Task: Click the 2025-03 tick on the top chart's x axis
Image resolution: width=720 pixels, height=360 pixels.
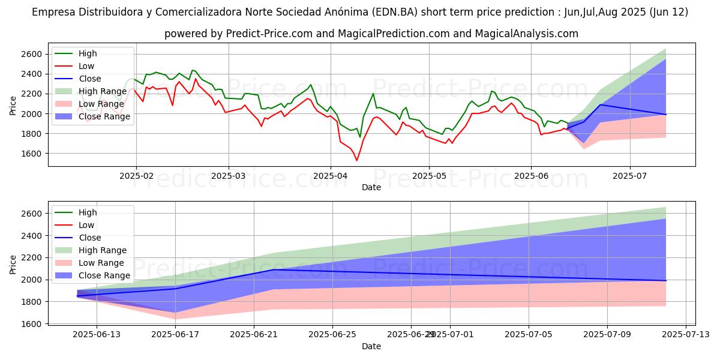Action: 228,176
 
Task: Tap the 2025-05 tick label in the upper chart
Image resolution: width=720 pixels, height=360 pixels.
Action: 428,176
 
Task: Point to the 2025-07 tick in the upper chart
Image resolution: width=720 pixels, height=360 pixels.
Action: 629,176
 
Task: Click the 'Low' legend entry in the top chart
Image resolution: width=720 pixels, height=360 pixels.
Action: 86,66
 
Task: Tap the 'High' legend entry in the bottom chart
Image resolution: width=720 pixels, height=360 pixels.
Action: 88,212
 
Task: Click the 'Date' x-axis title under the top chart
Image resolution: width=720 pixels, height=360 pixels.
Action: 371,187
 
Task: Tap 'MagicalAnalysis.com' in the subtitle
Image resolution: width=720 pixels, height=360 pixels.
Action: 526,34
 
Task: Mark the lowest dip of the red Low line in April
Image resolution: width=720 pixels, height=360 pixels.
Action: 356,160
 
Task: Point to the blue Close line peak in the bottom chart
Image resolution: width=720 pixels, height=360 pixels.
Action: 274,269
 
